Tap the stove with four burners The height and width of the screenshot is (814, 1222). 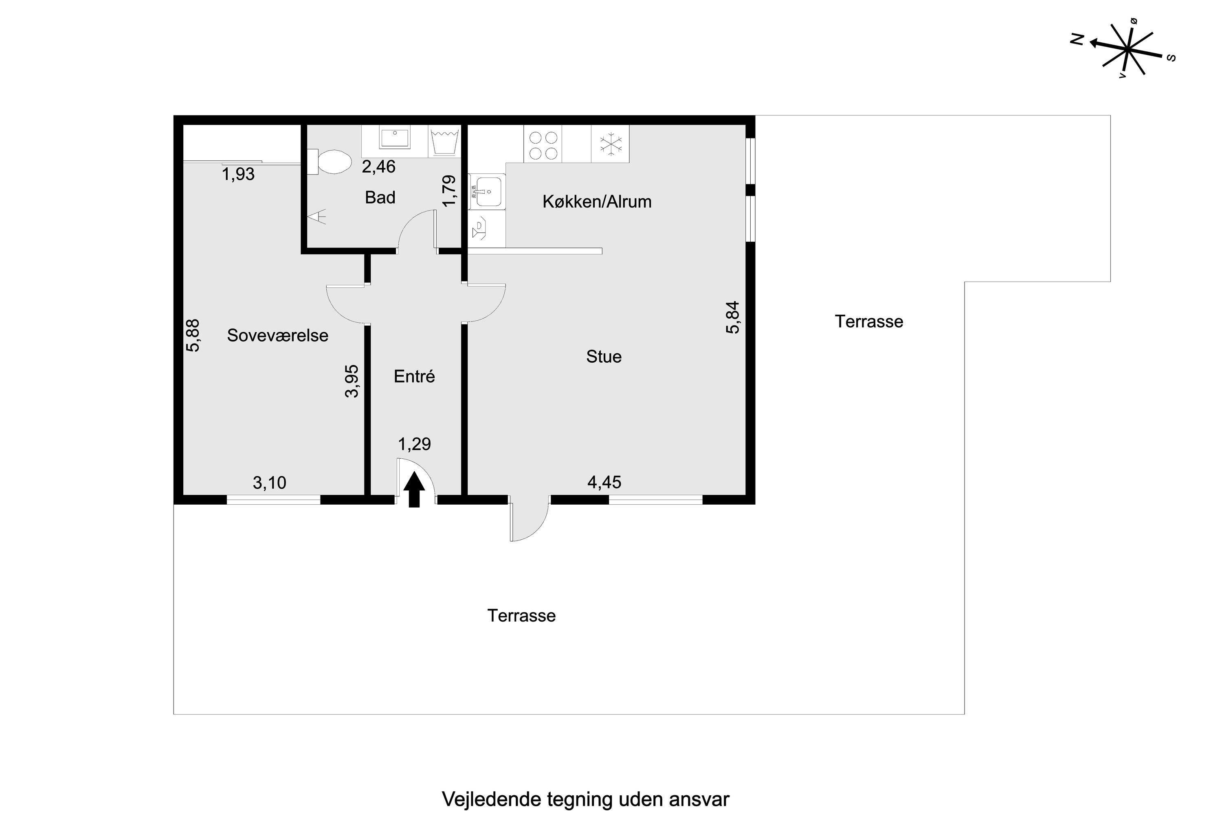coord(543,144)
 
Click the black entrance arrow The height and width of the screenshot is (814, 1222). coord(414,489)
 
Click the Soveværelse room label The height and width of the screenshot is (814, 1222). coord(277,335)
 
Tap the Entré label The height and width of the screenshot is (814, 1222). coord(414,376)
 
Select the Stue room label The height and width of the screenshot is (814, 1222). coord(604,356)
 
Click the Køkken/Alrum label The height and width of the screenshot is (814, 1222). coord(597,201)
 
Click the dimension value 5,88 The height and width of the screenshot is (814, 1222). coord(193,335)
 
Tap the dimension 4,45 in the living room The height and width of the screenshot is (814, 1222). coord(604,482)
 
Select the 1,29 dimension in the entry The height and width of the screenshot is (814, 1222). coord(414,444)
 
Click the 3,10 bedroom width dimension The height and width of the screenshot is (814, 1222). coord(269,483)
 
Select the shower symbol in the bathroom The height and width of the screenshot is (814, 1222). coord(316,216)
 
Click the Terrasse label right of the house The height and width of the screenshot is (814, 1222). coord(869,322)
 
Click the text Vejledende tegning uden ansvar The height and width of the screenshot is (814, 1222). coord(586,799)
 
